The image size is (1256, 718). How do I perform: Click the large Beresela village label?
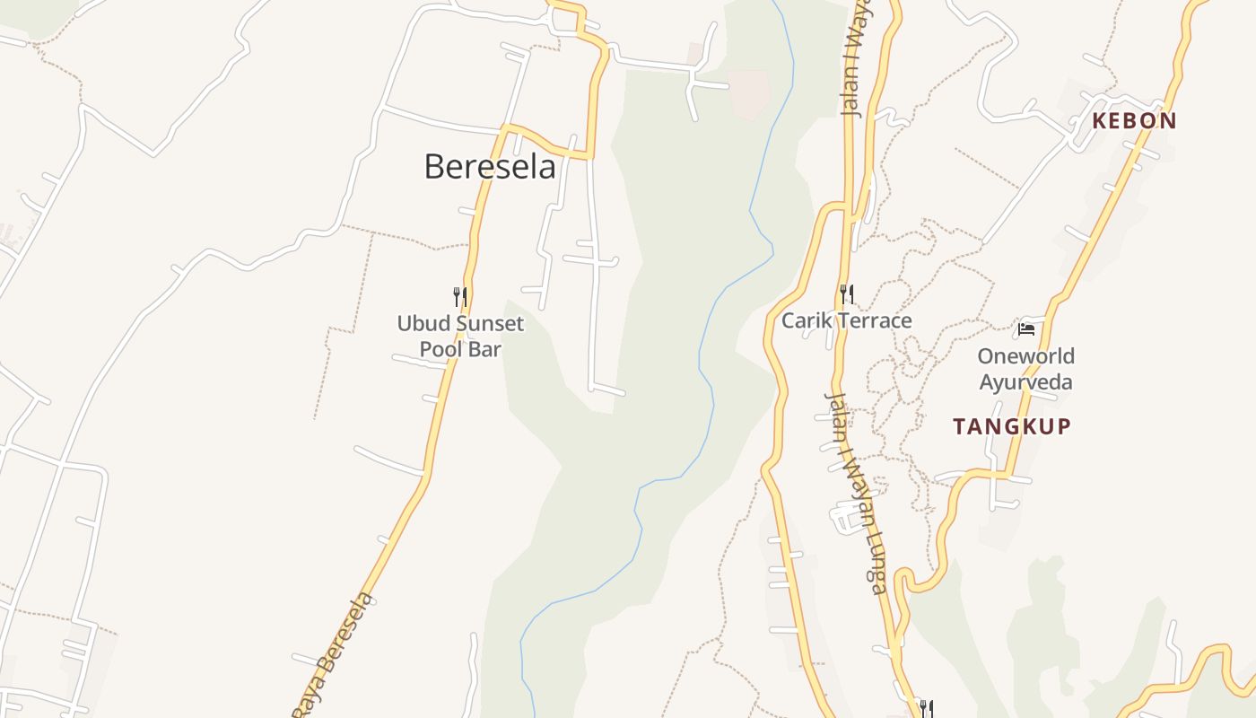pyautogui.click(x=490, y=167)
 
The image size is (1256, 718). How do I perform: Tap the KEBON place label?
pyautogui.click(x=1134, y=121)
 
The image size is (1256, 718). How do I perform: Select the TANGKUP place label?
pyautogui.click(x=1012, y=426)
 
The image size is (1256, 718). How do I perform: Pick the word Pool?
pyautogui.click(x=440, y=349)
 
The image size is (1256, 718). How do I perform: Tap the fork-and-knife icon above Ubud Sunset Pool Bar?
pyautogui.click(x=459, y=296)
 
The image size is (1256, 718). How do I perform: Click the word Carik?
pyautogui.click(x=804, y=320)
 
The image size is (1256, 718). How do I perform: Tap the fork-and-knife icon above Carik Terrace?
pyautogui.click(x=846, y=293)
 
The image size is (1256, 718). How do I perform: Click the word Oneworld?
pyautogui.click(x=1025, y=356)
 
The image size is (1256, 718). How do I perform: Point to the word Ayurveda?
pyautogui.click(x=1025, y=381)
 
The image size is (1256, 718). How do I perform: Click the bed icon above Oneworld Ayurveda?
pyautogui.click(x=1026, y=329)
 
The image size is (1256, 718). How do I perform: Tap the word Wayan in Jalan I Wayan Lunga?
pyautogui.click(x=853, y=485)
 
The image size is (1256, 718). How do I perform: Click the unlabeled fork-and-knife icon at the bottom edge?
pyautogui.click(x=927, y=709)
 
